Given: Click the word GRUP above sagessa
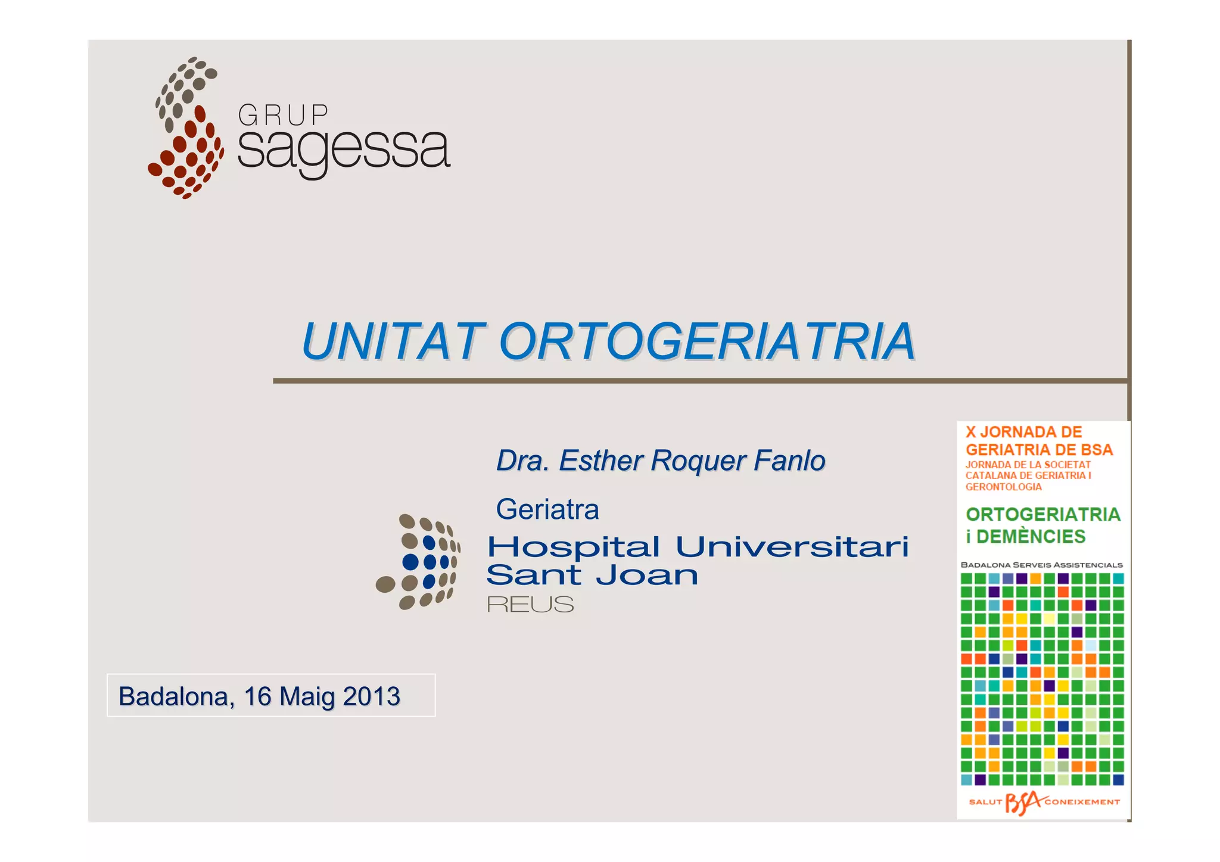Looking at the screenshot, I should pyautogui.click(x=283, y=115).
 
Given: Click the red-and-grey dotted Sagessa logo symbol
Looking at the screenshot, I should pyautogui.click(x=186, y=128).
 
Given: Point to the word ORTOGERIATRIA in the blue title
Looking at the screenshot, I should pyautogui.click(x=707, y=342).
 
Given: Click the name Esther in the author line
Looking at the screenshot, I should pyautogui.click(x=602, y=460).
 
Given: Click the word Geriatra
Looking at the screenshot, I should pyautogui.click(x=547, y=510).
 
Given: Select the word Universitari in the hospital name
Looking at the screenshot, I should pyautogui.click(x=792, y=547).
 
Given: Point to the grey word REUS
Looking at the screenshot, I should pyautogui.click(x=530, y=605).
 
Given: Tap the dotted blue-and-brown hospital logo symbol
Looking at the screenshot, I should pyautogui.click(x=418, y=562).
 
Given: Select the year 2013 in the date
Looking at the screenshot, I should pyautogui.click(x=371, y=696).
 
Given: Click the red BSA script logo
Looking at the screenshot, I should pyautogui.click(x=1023, y=802).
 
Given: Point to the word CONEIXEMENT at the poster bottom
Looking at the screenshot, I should pyautogui.click(x=1082, y=802).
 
